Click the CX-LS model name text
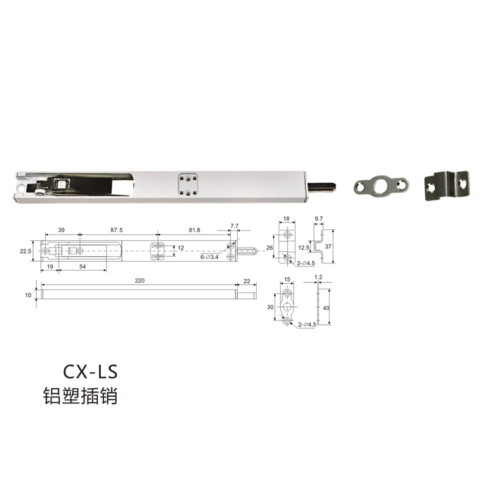pos(90,372)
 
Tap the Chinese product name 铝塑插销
pos(80,396)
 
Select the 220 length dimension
pos(140,281)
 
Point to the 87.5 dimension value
pos(116,230)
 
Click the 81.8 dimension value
pos(194,230)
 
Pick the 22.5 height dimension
pos(26,251)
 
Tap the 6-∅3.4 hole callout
pos(210,257)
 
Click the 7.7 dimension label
pos(234,226)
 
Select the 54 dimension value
pos(83,267)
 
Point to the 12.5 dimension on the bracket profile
pos(304,248)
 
